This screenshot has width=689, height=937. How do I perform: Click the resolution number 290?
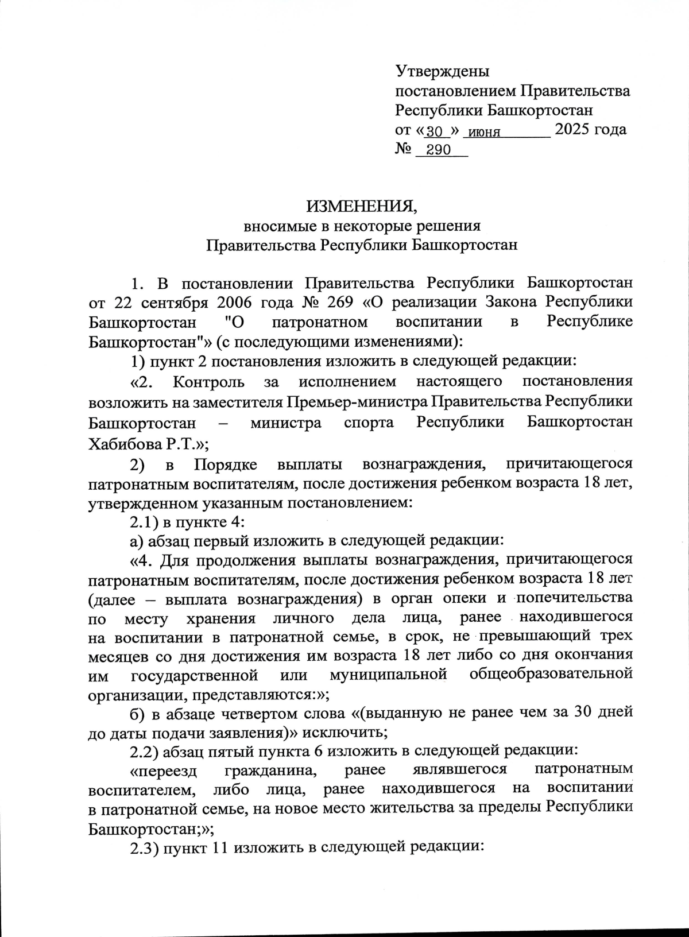point(439,151)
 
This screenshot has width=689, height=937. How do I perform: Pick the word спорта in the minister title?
point(369,423)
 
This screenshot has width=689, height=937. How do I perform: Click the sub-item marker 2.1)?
point(144,522)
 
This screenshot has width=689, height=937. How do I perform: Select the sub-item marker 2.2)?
point(144,750)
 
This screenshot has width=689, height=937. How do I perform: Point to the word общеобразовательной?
point(551,673)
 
